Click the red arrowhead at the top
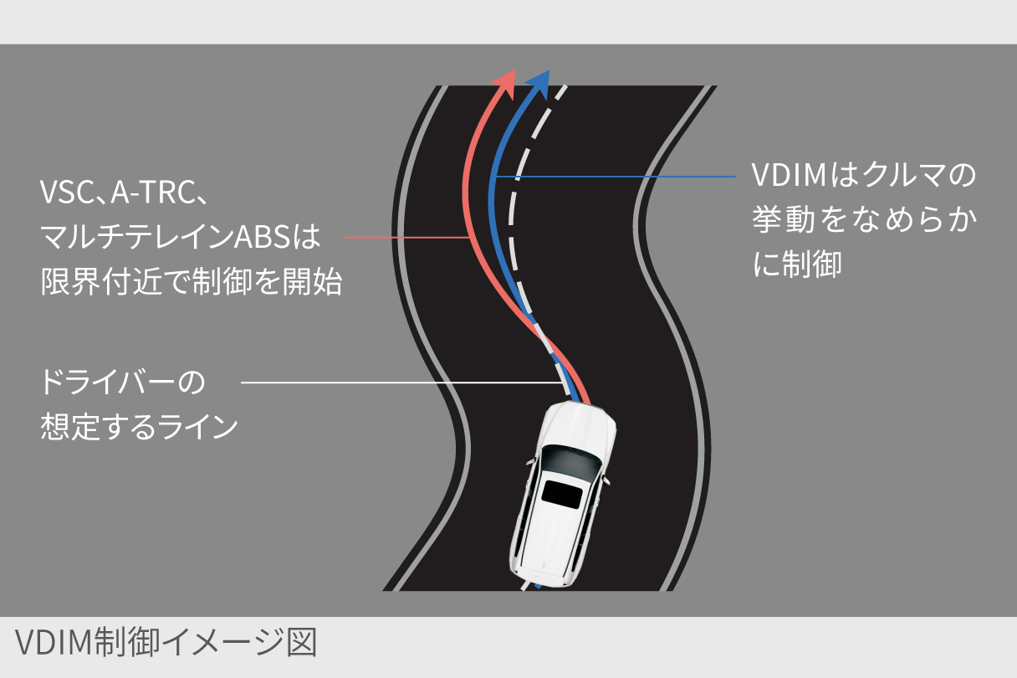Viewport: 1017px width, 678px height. pyautogui.click(x=506, y=85)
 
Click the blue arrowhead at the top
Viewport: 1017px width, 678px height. pyautogui.click(x=539, y=85)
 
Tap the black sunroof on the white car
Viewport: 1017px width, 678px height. pyautogui.click(x=562, y=494)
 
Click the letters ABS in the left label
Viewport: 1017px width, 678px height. pyautogui.click(x=262, y=236)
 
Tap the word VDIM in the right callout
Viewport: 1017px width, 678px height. pyautogui.click(x=789, y=174)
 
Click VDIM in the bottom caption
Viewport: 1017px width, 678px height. pyautogui.click(x=54, y=642)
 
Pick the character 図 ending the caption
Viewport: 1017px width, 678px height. pyautogui.click(x=302, y=642)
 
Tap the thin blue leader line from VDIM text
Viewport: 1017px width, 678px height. pyautogui.click(x=616, y=177)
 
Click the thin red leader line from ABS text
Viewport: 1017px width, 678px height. pyautogui.click(x=407, y=237)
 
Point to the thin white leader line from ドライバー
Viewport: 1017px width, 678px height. pyautogui.click(x=402, y=383)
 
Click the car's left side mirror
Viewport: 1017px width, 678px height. pyautogui.click(x=530, y=462)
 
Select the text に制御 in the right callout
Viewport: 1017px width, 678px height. pyautogui.click(x=797, y=264)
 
